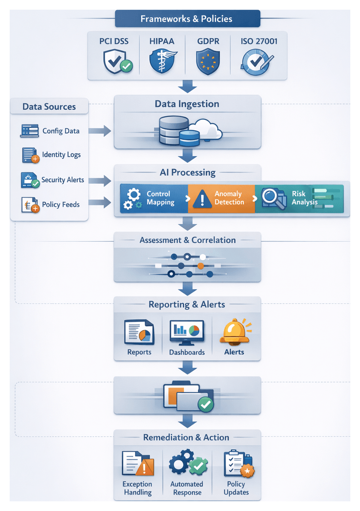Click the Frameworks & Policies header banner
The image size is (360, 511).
coord(187,19)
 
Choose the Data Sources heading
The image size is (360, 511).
coord(49,107)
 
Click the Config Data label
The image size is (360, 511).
coord(61,131)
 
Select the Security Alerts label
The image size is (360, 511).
coord(62,180)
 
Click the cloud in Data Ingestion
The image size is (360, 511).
coord(206,129)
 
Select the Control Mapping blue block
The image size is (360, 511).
coord(153,198)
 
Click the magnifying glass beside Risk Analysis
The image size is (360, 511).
coord(273,198)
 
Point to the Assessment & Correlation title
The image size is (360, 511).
coord(187,240)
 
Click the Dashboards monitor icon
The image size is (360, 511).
coord(187,332)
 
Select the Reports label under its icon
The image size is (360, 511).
coord(139,352)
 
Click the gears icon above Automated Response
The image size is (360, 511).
coord(187,463)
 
